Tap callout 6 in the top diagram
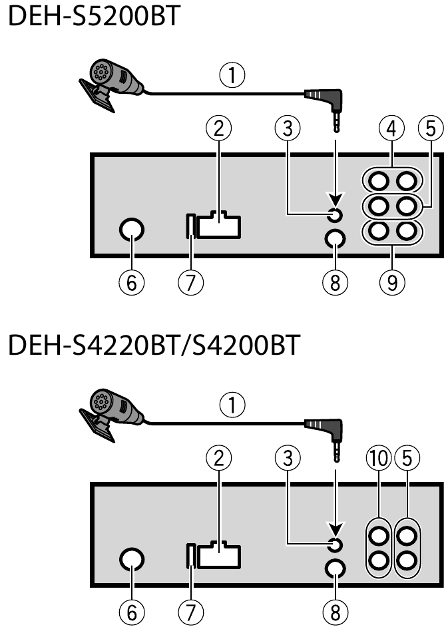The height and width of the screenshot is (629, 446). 131,283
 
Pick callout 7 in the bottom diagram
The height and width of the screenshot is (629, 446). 191,612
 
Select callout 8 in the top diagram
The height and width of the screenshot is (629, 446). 334,283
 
